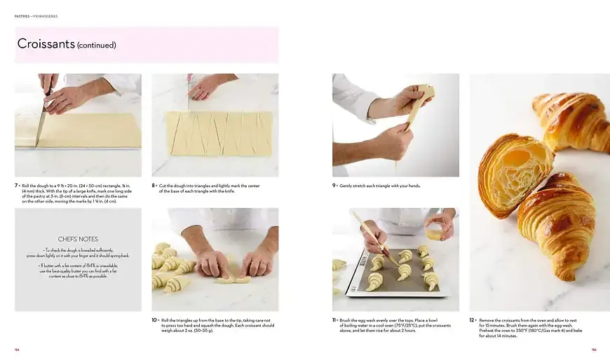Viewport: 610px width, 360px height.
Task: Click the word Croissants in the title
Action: pyautogui.click(x=46, y=44)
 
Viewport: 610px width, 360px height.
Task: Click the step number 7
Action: pyautogui.click(x=16, y=186)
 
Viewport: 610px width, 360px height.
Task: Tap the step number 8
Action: pyautogui.click(x=154, y=186)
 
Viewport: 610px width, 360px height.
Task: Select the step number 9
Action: pyautogui.click(x=334, y=186)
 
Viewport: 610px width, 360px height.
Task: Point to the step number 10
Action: pyautogui.click(x=154, y=319)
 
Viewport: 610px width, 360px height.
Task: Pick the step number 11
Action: pyautogui.click(x=334, y=319)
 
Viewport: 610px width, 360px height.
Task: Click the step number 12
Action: pyautogui.click(x=471, y=319)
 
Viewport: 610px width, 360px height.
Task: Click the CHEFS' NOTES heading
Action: pyautogui.click(x=78, y=239)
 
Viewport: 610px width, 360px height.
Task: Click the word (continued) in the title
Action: pyautogui.click(x=97, y=46)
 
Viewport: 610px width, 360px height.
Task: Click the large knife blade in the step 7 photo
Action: pyautogui.click(x=41, y=127)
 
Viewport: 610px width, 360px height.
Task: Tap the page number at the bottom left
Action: pyautogui.click(x=17, y=349)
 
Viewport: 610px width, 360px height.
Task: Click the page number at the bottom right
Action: pyautogui.click(x=593, y=349)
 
